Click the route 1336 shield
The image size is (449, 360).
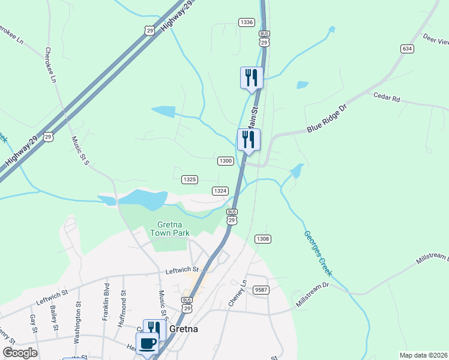(246, 22)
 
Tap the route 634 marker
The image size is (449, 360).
(408, 48)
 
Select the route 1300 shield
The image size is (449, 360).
(226, 161)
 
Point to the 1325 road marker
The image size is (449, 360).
(190, 179)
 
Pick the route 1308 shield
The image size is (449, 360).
(262, 239)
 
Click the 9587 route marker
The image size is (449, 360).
(260, 289)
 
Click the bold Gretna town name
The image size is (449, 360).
(184, 329)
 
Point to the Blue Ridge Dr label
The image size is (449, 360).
(327, 121)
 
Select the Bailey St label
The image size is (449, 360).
(54, 318)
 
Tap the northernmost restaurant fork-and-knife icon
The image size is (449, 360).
(252, 78)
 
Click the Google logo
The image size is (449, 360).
(20, 352)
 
